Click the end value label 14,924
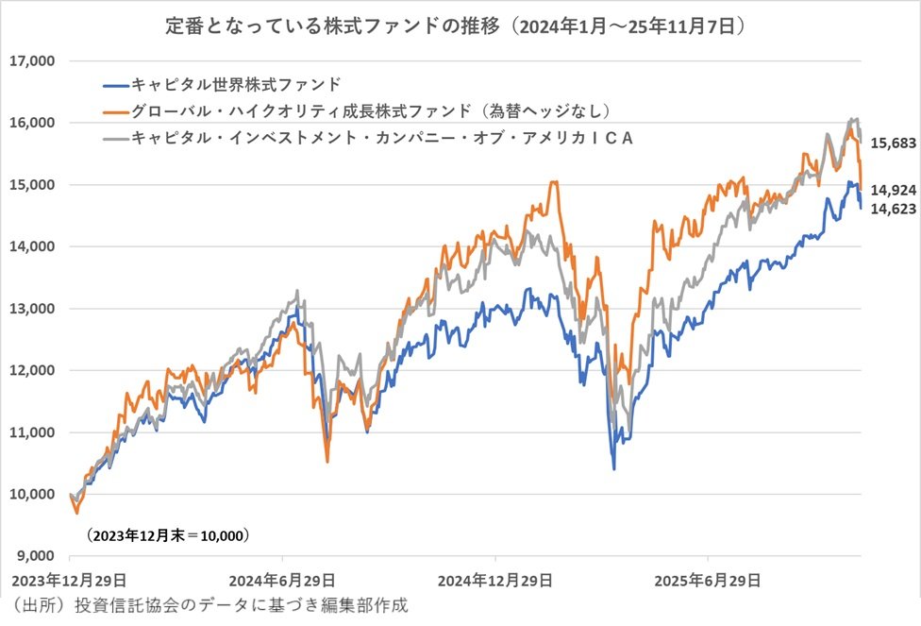point(892,189)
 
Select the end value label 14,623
point(892,209)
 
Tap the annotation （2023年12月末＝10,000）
point(167,535)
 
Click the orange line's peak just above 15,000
point(554,181)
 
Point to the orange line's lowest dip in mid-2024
point(327,461)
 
